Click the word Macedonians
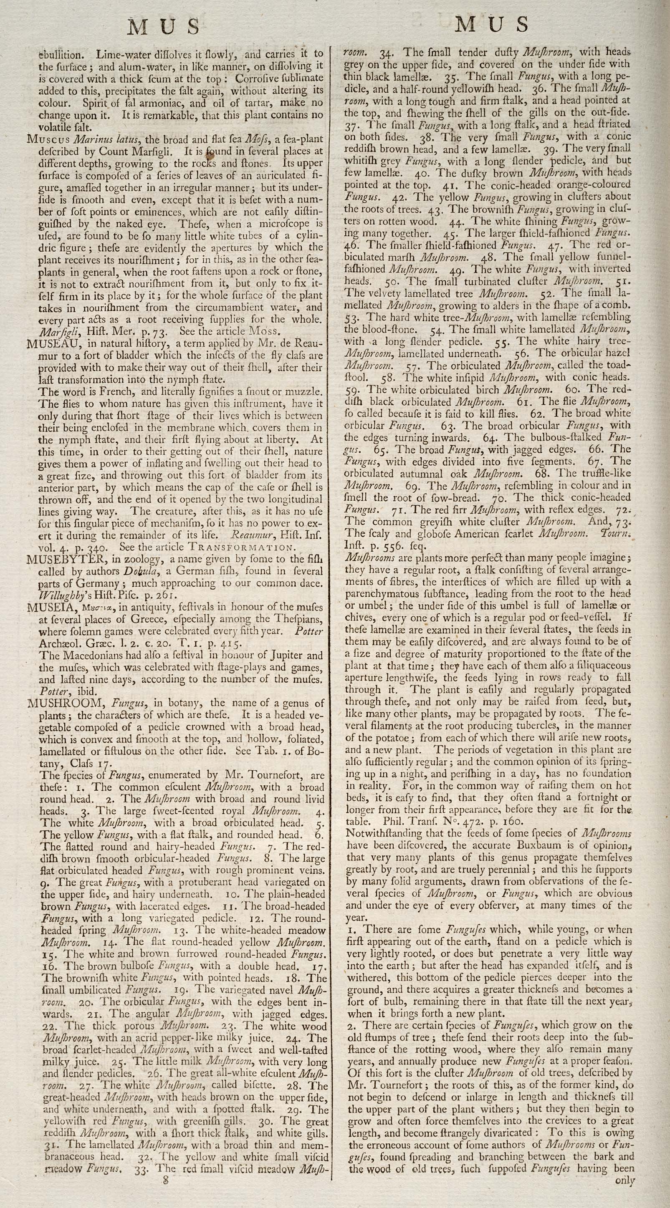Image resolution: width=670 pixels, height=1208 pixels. point(94,656)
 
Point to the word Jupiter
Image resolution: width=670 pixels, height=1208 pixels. point(271,656)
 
